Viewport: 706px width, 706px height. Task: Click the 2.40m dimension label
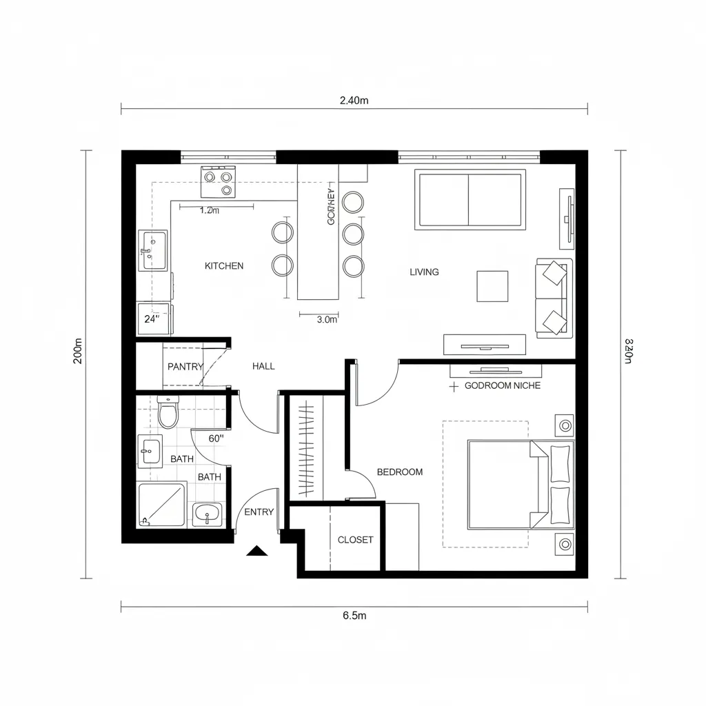point(354,101)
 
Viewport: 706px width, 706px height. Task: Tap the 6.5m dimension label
point(354,616)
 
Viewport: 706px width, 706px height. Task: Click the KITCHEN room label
point(224,265)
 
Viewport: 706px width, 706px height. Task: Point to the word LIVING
point(424,272)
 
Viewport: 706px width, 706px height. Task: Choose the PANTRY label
point(185,367)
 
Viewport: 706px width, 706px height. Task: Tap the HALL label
point(263,366)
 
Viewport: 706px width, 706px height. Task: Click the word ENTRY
point(259,512)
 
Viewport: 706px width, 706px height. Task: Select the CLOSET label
point(355,540)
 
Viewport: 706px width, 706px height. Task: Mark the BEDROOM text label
point(400,472)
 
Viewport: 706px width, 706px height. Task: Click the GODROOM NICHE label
point(503,386)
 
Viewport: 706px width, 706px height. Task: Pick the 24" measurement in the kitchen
point(152,319)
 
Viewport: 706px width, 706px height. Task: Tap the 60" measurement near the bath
point(217,438)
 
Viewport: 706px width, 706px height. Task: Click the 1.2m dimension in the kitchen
point(209,211)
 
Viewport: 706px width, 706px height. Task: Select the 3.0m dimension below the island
point(327,319)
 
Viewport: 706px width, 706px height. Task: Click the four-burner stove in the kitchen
point(219,182)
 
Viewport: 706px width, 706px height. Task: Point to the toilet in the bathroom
point(168,412)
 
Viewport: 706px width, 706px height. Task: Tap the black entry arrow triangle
point(257,550)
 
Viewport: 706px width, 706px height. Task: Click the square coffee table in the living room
point(492,286)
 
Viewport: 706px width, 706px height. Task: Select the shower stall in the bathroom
point(161,504)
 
